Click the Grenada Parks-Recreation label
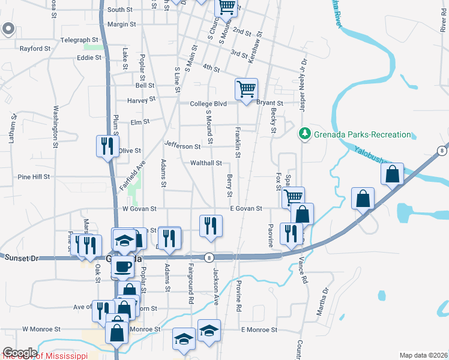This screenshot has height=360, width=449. [x=363, y=134]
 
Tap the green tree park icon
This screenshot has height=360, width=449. [x=306, y=134]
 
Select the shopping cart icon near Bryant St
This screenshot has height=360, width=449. [x=246, y=89]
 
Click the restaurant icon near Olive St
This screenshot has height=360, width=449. [x=107, y=146]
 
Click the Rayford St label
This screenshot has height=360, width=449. [x=35, y=48]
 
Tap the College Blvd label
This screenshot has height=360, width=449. [x=208, y=104]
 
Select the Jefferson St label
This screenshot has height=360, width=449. [x=182, y=146]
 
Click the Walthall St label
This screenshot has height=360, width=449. [x=206, y=163]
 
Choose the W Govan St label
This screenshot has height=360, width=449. [x=139, y=209]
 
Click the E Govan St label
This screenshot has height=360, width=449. [x=246, y=209]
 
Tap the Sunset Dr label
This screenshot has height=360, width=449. [x=21, y=258]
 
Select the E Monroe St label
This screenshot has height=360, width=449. [x=259, y=330]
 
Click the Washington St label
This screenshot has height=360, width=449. [x=55, y=126]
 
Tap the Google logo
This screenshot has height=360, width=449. [x=19, y=353]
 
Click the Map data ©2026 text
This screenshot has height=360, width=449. [x=423, y=355]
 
